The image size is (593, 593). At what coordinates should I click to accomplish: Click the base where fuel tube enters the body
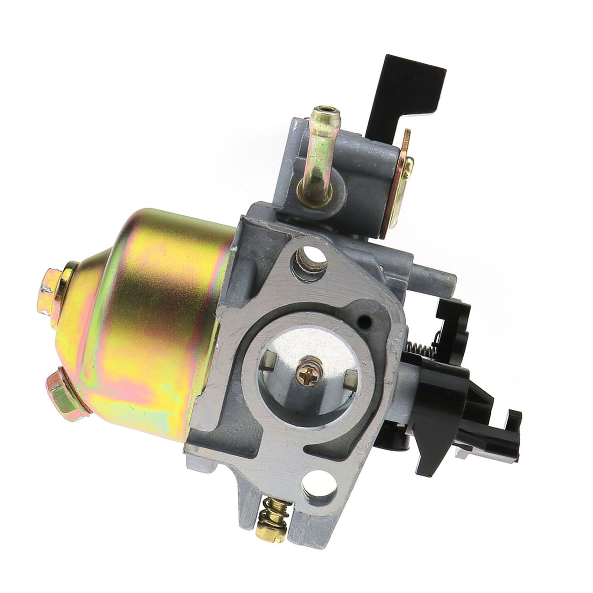308,193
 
